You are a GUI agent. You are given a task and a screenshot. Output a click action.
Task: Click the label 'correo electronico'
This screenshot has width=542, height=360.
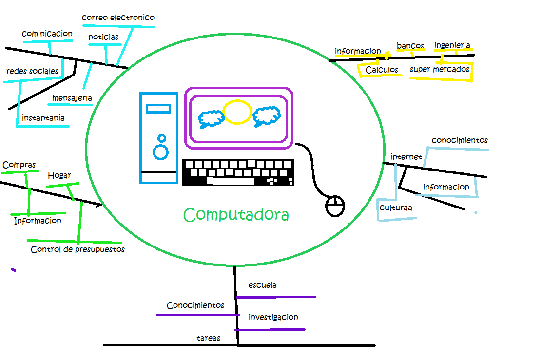118,18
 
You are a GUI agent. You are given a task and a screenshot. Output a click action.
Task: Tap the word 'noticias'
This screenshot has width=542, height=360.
103,38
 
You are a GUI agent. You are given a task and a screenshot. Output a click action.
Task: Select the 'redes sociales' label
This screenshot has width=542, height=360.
32,71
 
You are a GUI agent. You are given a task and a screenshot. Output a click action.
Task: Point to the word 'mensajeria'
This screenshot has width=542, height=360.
72,98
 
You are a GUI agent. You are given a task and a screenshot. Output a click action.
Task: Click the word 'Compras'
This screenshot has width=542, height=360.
19,165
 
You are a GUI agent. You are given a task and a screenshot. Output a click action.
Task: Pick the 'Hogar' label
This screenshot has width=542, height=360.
59,175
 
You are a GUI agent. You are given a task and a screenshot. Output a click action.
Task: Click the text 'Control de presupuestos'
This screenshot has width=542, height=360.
77,249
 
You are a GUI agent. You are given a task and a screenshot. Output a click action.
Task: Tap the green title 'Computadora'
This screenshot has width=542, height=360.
236,215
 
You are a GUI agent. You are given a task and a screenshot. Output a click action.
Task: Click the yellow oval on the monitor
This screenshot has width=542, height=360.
237,112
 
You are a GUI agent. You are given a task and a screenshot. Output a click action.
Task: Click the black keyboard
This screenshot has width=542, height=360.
238,172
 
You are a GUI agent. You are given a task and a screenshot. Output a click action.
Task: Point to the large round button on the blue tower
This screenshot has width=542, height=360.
160,152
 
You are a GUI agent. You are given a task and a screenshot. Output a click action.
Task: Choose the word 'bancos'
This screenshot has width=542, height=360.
410,46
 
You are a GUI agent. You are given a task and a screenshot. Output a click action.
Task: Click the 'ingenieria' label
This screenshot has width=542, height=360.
452,46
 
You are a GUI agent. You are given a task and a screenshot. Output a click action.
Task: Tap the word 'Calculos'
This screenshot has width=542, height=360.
382,70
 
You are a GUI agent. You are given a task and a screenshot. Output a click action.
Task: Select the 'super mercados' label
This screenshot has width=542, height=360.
439,69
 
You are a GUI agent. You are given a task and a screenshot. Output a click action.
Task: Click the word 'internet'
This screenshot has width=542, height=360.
406,157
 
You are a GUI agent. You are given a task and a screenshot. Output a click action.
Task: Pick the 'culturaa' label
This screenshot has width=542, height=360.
396,208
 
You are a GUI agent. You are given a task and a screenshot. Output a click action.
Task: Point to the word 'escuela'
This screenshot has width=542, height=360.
262,285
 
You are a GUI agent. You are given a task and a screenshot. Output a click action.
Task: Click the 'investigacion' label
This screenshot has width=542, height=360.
273,317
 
